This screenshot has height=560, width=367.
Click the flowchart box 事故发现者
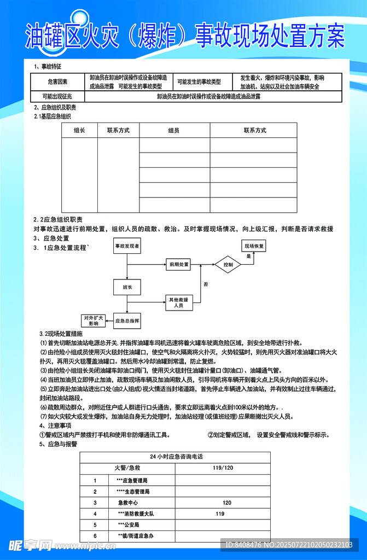[127, 247]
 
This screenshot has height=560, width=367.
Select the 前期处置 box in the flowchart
[179, 265]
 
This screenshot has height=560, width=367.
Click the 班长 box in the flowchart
[127, 287]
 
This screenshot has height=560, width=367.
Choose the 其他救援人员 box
[179, 302]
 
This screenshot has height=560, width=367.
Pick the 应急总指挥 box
[127, 320]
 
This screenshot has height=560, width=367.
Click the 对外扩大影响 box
[94, 320]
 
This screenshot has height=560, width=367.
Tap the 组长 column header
[79, 130]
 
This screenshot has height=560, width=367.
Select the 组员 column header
[174, 130]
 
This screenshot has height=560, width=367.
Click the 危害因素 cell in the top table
[58, 81]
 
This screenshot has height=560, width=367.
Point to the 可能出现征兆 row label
[58, 96]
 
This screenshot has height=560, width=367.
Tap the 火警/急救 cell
[127, 468]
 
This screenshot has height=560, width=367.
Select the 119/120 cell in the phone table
[223, 468]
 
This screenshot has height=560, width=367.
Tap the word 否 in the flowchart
[206, 284]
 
